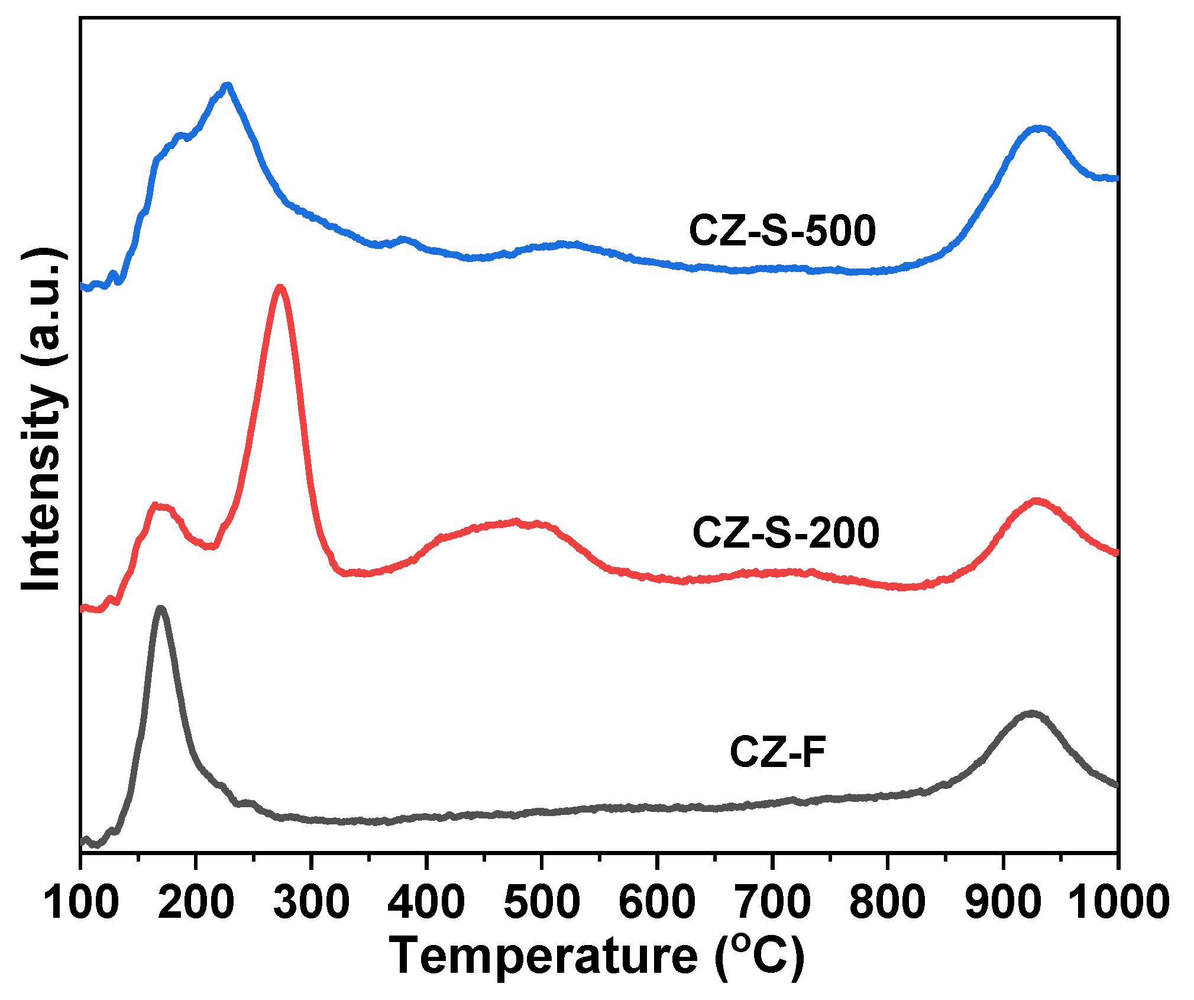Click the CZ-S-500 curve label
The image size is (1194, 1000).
coord(782,231)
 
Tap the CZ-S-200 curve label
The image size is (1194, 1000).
coord(786,532)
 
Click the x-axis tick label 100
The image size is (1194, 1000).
coord(82,902)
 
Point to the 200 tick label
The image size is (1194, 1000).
coord(196,902)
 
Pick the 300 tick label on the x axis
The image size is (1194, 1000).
coord(312,902)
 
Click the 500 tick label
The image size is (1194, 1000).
coord(542,902)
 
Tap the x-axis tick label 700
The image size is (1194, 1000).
coord(772,902)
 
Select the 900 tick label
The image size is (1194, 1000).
coord(1003,902)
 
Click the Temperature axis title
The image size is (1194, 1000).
coord(597,956)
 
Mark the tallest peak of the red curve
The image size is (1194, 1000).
coord(280,288)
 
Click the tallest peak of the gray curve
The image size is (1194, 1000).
coord(160,609)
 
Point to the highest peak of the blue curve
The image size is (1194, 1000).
coord(226,86)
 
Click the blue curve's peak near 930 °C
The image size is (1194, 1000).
coord(1038,128)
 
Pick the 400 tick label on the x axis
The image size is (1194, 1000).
coord(426,902)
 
